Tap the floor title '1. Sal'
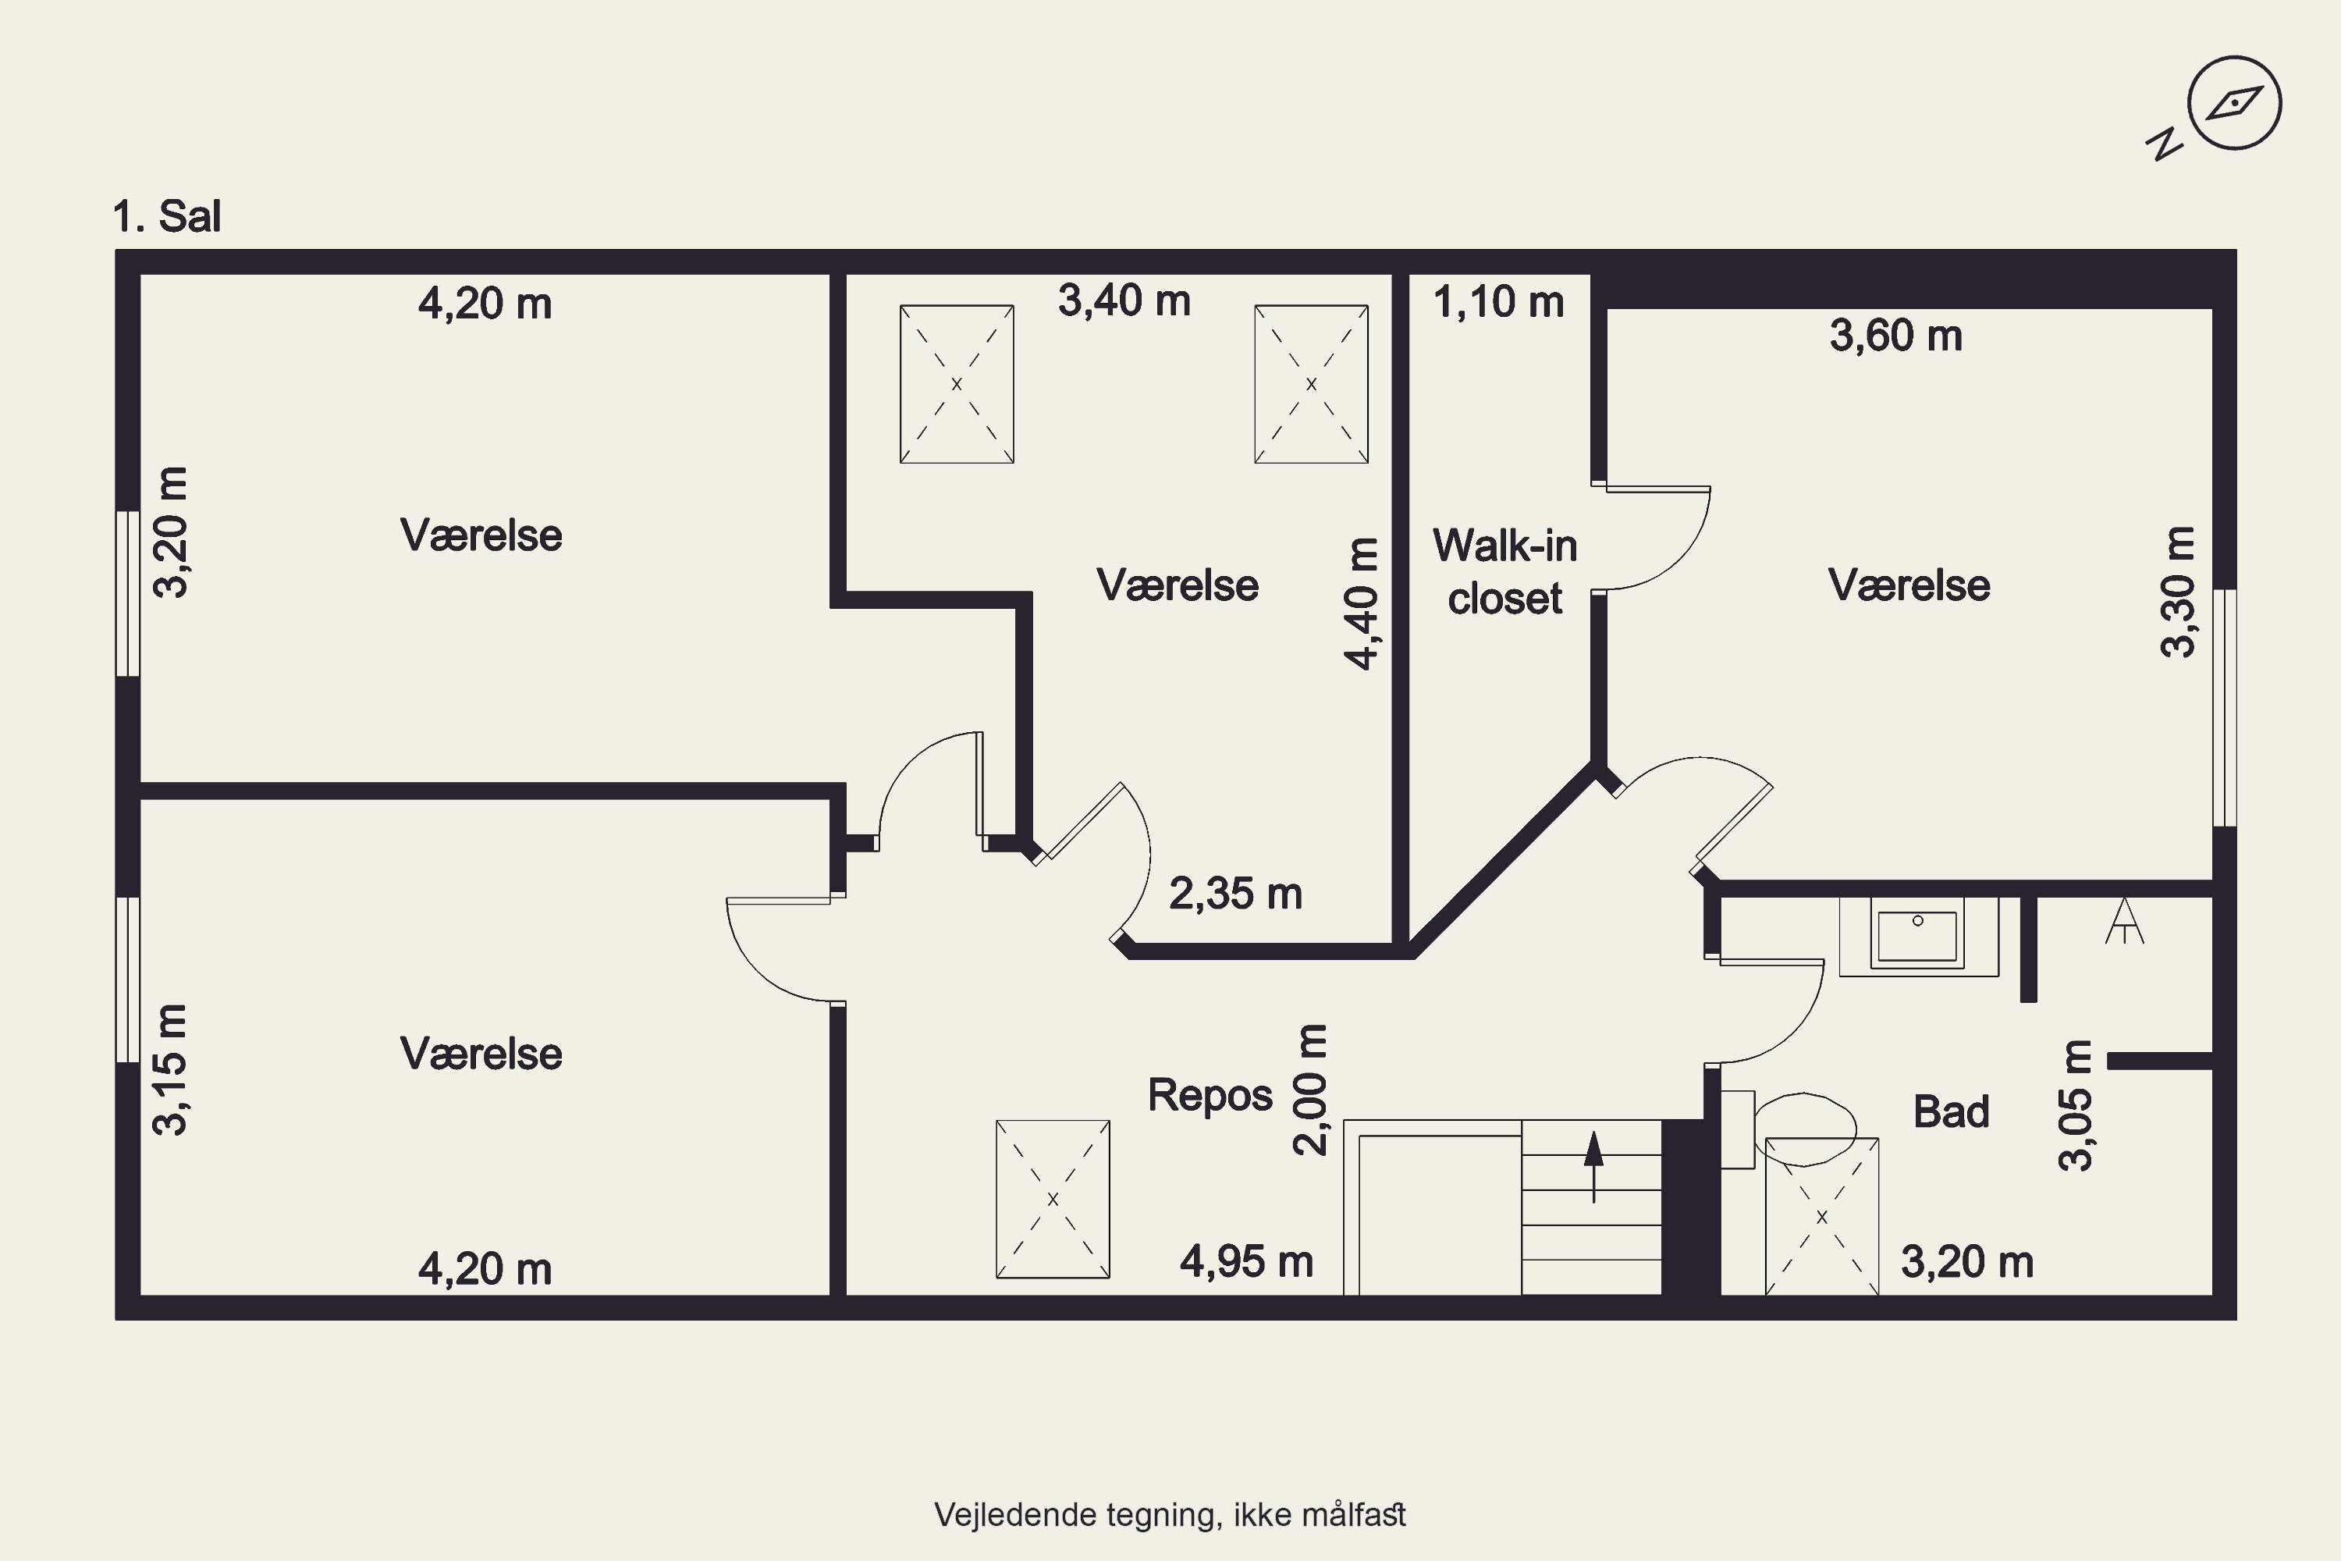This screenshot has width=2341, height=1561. click(x=166, y=216)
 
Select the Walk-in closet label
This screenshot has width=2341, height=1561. click(x=1505, y=571)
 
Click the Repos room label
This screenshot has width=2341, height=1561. click(x=1210, y=1095)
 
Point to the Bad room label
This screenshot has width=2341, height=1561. click(x=1951, y=1111)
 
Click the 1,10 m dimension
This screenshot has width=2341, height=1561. click(x=1498, y=301)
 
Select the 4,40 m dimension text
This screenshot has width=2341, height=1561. click(x=1361, y=603)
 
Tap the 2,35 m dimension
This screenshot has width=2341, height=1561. click(x=1235, y=893)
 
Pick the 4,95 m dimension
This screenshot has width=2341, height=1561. click(x=1246, y=1261)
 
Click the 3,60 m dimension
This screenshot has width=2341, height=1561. click(x=1895, y=336)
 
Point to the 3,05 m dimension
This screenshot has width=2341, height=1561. click(x=2075, y=1105)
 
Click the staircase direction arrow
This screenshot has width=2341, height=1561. click(x=1593, y=1167)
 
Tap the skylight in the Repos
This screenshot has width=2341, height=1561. click(x=1053, y=1199)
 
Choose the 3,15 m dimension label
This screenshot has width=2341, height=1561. click(x=170, y=1069)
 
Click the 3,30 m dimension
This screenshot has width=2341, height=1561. click(x=2178, y=592)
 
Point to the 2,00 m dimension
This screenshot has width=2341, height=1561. click(x=1310, y=1089)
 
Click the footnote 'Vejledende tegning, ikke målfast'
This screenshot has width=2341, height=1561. click(x=1170, y=1515)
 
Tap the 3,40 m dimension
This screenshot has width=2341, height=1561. click(x=1124, y=300)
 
